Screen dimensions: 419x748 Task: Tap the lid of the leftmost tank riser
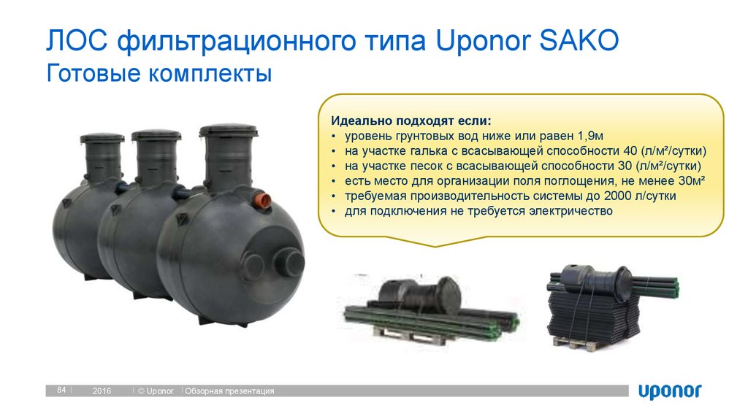click(102, 137)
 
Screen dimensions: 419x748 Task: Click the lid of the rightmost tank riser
click(227, 131)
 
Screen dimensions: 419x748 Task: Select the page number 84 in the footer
click(61, 391)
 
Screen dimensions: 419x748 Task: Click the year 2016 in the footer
click(102, 392)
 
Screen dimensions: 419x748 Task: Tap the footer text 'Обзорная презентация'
click(230, 392)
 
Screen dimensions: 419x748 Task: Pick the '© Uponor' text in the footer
click(156, 392)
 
